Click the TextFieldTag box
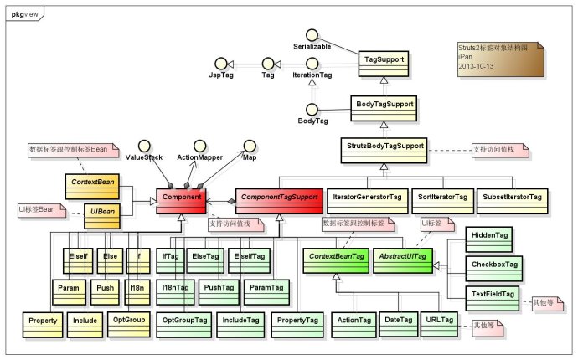pyautogui.click(x=493, y=295)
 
